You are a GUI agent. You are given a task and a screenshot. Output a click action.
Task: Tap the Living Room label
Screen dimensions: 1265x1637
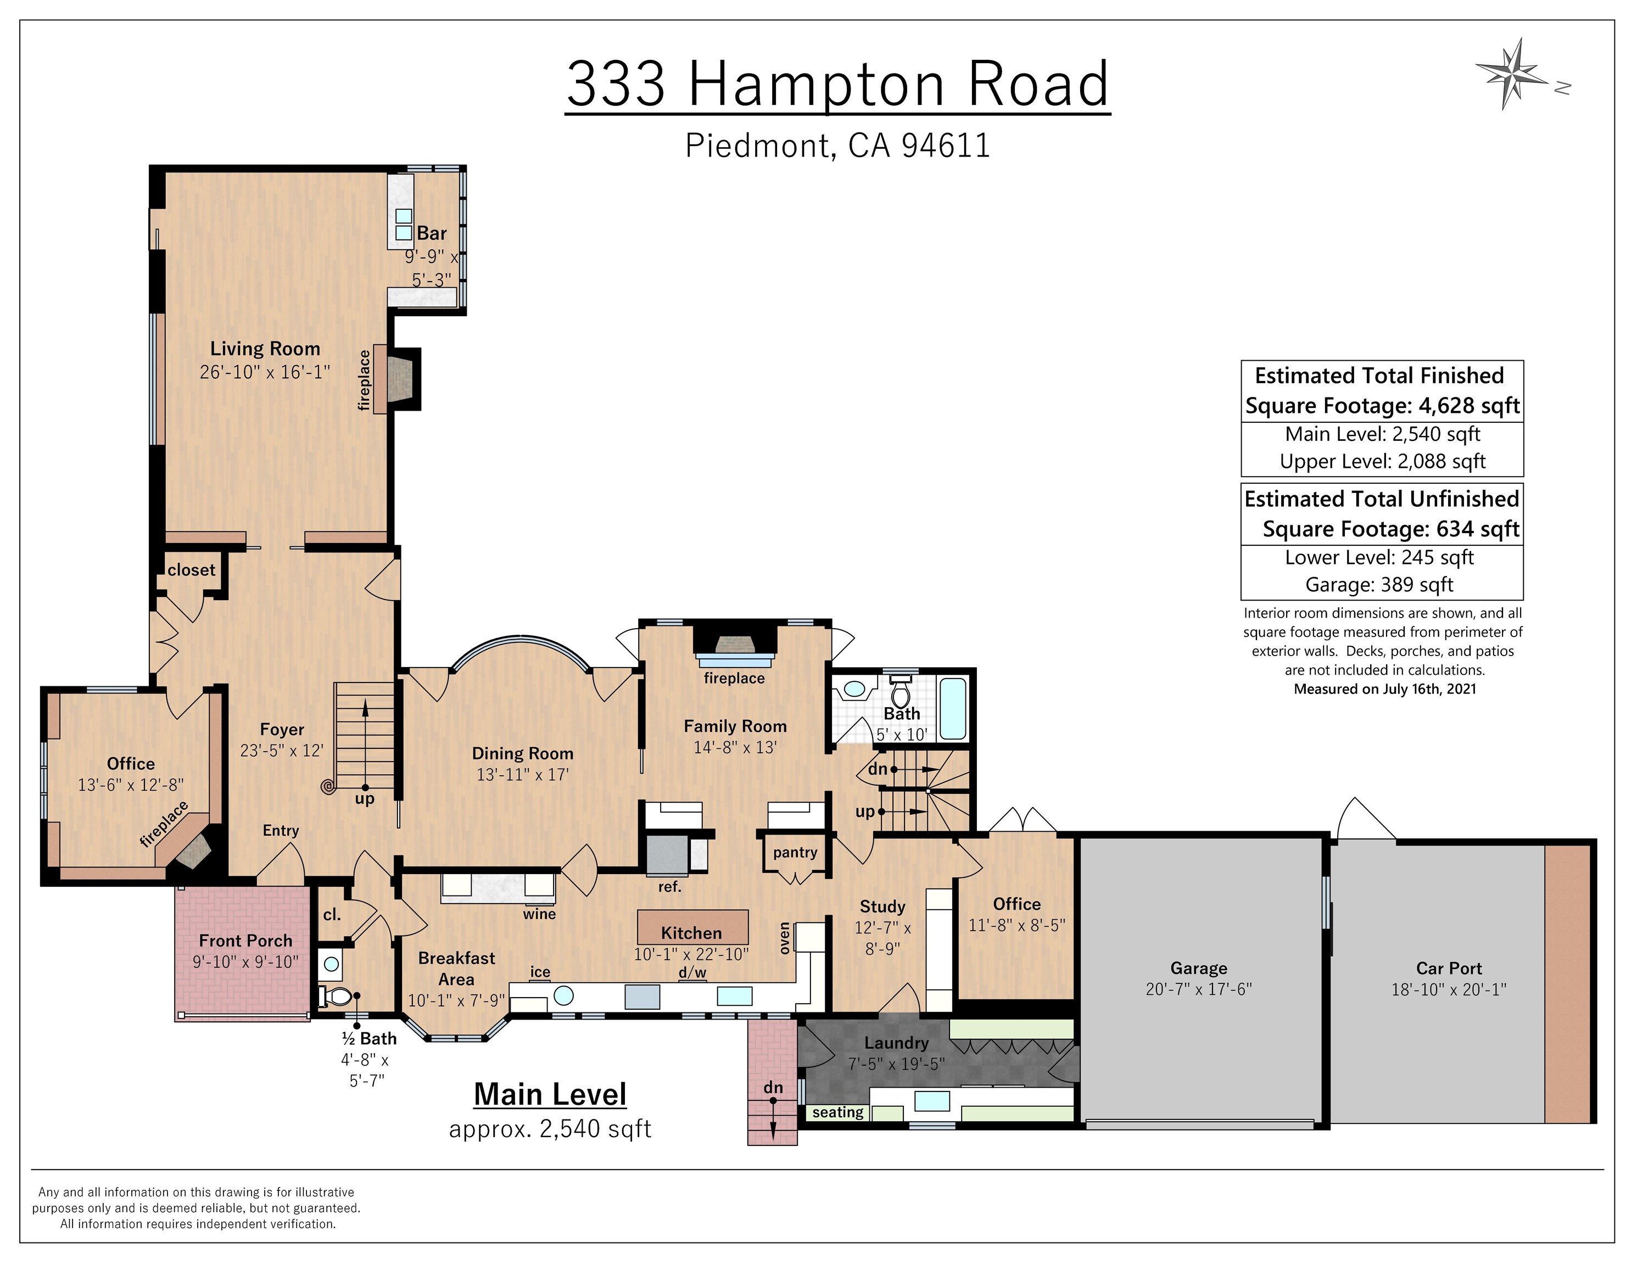[x=265, y=349]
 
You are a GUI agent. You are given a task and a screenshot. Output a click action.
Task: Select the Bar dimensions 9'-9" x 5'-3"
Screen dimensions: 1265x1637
[x=432, y=267]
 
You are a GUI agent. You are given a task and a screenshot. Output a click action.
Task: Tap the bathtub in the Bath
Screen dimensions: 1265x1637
[x=953, y=708]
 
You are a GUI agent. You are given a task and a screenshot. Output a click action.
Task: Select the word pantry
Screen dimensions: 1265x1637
[x=795, y=852]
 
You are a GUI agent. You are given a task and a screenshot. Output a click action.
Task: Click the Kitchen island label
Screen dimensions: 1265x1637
[x=691, y=933]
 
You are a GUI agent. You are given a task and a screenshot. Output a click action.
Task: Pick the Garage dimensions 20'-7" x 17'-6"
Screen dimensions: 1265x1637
[x=1198, y=989]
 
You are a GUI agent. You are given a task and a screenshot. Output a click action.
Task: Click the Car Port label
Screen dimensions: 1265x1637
[x=1448, y=968]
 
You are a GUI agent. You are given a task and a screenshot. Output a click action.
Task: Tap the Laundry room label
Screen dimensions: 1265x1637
[x=896, y=1043]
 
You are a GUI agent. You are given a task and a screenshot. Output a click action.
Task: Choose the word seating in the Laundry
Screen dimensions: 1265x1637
[x=837, y=1112]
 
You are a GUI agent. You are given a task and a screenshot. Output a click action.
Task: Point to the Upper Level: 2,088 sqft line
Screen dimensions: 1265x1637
[x=1382, y=462]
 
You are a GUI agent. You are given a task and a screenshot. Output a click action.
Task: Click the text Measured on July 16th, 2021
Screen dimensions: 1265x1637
[x=1384, y=689]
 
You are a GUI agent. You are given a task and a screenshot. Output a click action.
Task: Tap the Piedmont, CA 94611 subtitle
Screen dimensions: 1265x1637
[x=837, y=145]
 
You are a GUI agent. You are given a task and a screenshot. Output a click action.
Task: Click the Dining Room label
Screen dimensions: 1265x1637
[x=522, y=753]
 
